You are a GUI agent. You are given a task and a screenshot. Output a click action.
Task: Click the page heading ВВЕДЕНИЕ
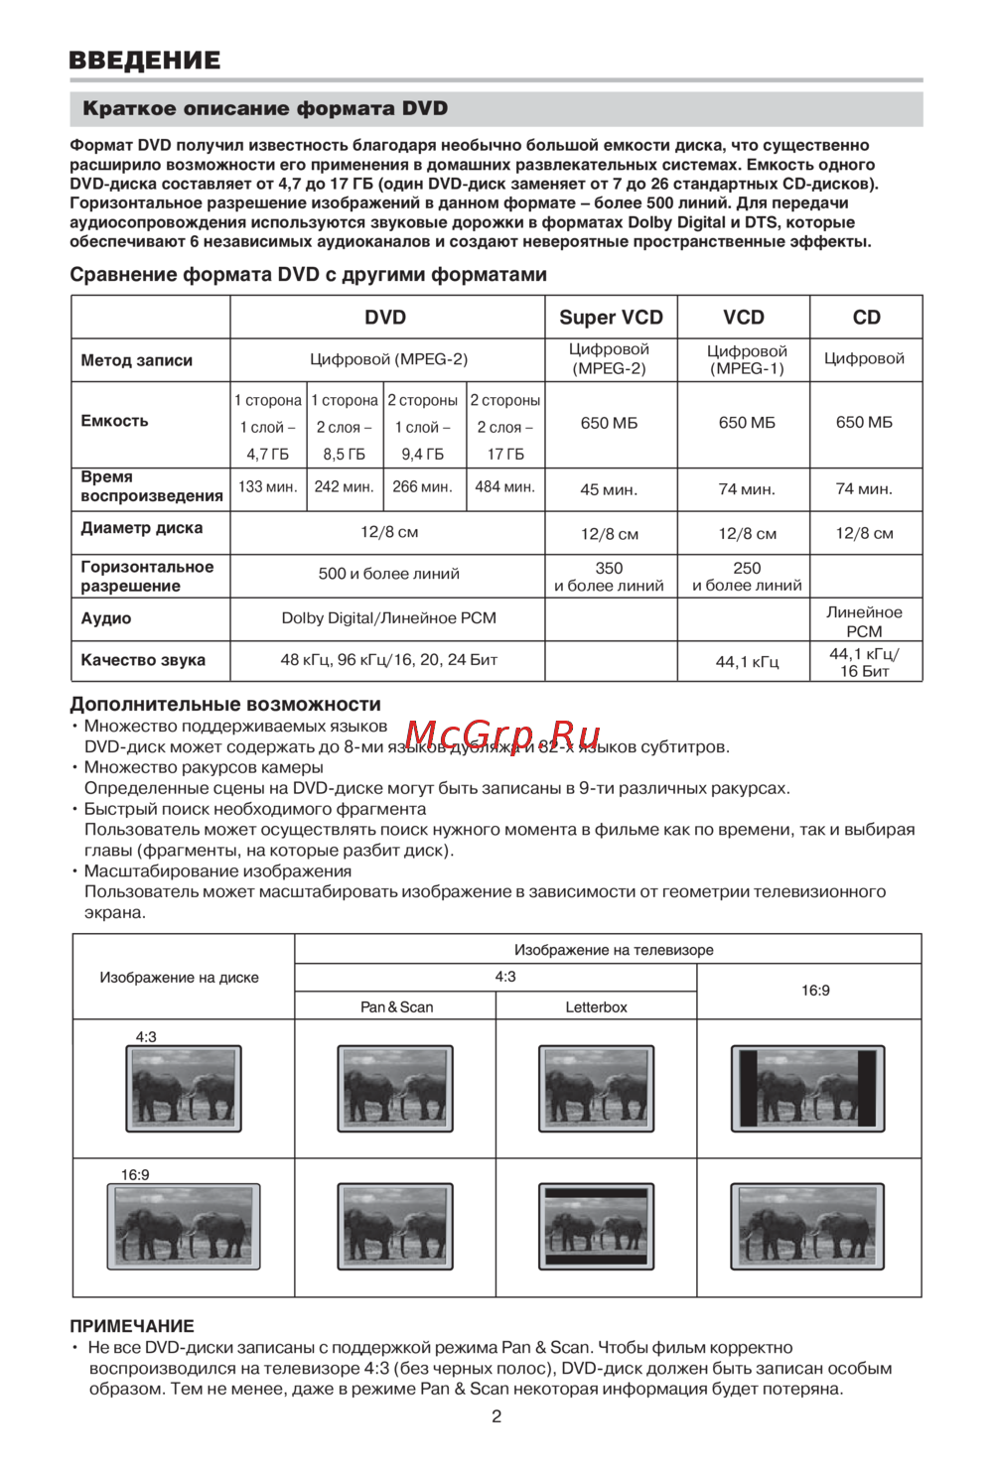145,60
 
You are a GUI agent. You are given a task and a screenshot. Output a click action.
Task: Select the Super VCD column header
611,318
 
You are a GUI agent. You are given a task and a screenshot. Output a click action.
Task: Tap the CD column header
866,318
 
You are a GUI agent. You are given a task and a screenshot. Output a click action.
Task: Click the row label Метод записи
137,360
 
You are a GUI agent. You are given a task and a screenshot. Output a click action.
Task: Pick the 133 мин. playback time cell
268,487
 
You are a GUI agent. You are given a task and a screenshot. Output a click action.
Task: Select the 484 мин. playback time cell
504,487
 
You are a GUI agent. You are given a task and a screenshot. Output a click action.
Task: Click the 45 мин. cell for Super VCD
609,489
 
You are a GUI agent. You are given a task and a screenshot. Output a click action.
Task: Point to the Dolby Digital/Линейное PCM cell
388,618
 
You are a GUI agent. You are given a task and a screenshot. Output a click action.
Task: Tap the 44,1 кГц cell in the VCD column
747,661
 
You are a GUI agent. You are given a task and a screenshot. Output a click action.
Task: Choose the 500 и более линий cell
388,574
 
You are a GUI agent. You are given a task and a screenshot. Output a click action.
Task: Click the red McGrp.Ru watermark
503,736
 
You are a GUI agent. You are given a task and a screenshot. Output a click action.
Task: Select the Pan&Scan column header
396,1007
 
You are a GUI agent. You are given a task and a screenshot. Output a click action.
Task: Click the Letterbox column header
596,1007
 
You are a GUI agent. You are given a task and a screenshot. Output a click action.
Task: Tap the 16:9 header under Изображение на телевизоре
815,991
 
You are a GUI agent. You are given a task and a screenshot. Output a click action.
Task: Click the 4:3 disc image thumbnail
184,1089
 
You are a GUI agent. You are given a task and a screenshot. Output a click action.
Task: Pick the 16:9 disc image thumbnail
184,1227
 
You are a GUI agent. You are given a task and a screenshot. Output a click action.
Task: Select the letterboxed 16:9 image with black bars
596,1227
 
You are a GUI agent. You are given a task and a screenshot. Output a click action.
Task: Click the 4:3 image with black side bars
807,1089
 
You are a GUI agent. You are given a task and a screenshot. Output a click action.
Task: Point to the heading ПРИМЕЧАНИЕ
132,1326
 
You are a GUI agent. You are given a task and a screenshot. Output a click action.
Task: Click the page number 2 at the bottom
496,1416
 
